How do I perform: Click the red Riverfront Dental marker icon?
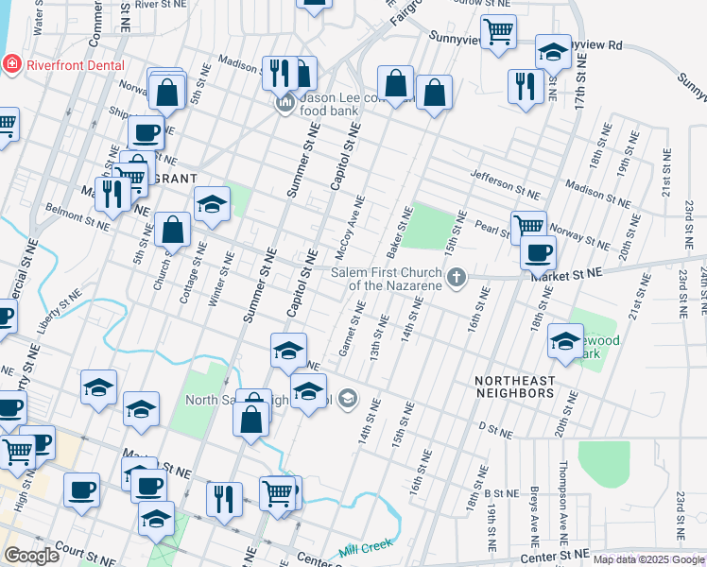tap(12, 65)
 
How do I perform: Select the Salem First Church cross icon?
tap(457, 277)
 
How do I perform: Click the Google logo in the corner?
tap(32, 556)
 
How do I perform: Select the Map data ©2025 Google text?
tap(648, 559)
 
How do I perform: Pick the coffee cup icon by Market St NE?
tap(538, 252)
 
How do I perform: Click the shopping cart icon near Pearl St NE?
tap(528, 226)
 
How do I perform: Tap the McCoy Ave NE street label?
tap(349, 229)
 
